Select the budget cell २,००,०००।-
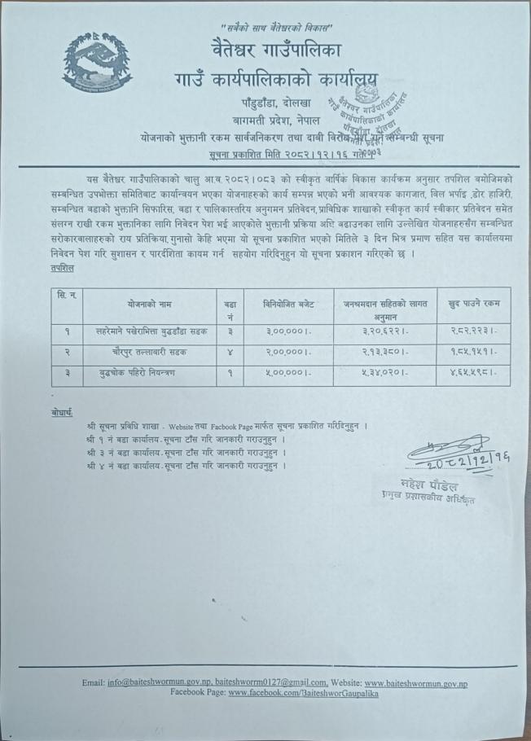(284, 355)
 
